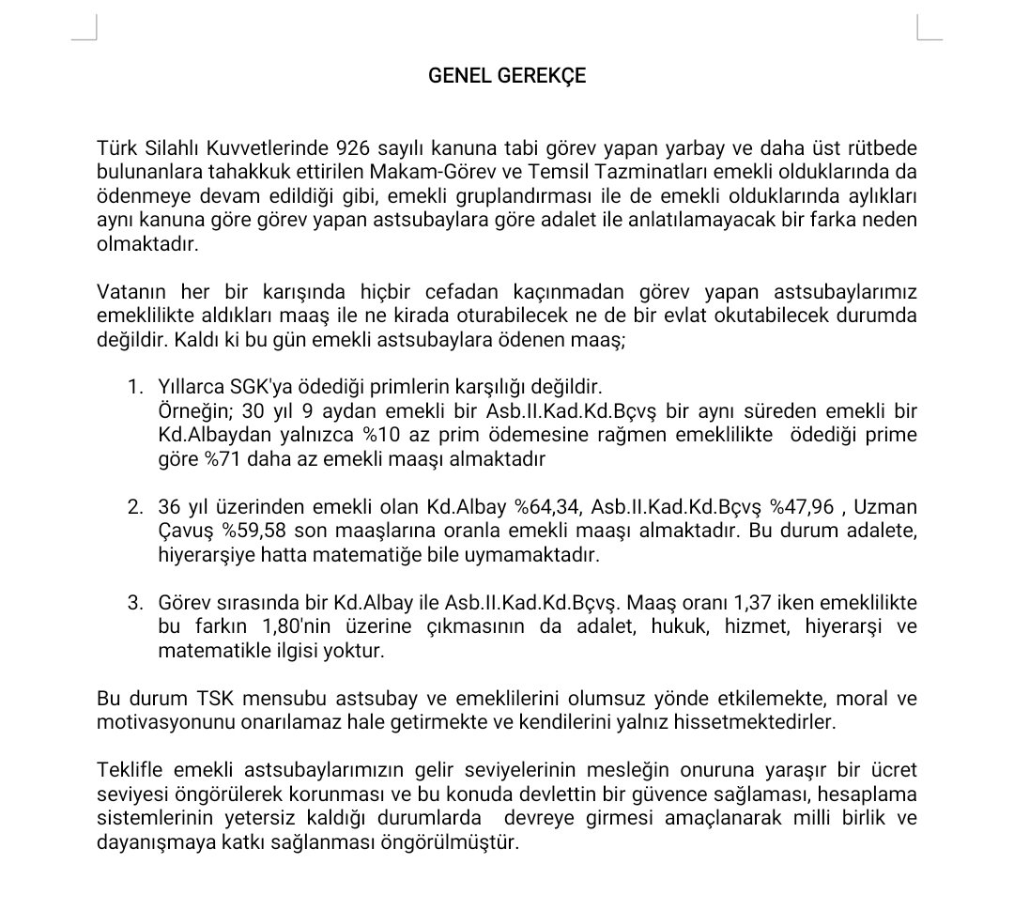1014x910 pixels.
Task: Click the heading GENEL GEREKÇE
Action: pyautogui.click(x=507, y=76)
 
